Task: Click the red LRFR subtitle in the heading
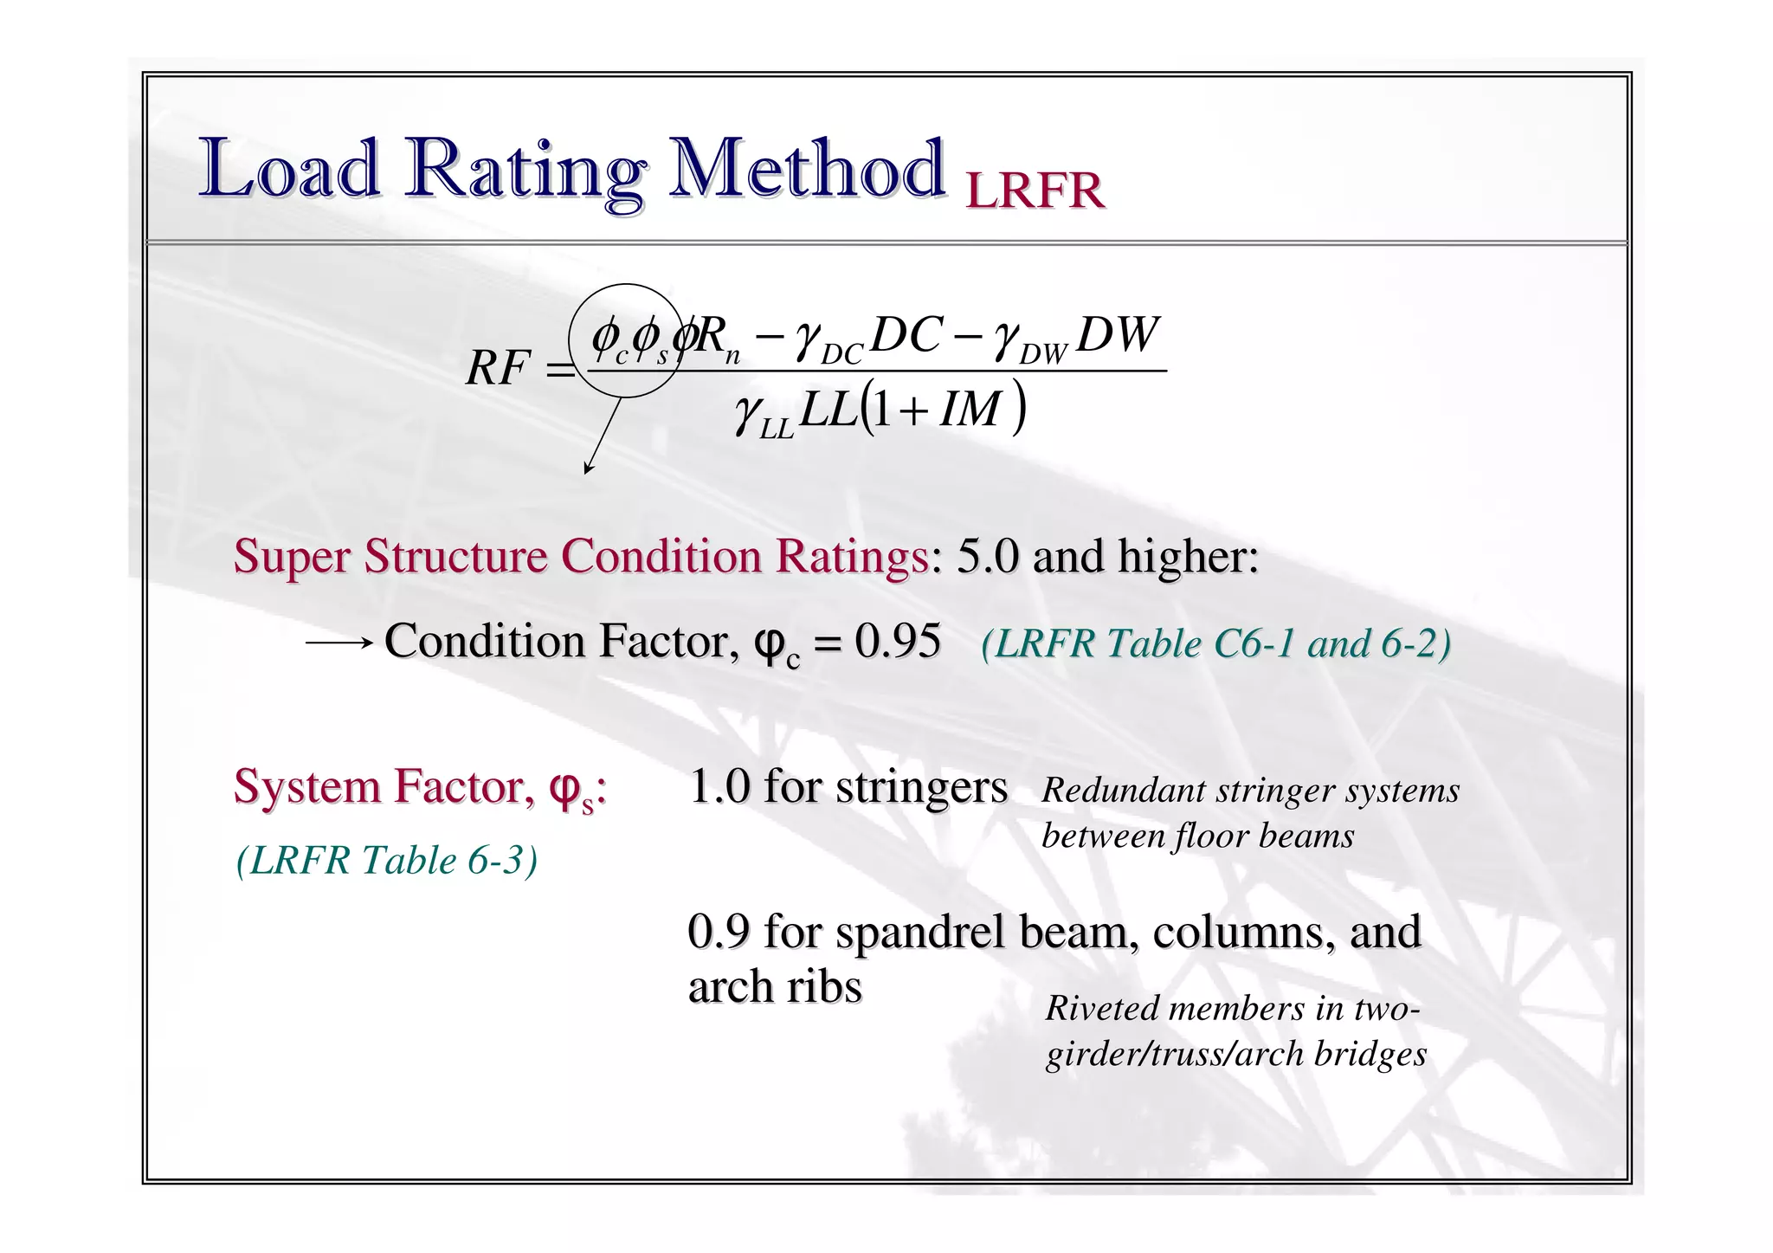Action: coord(1035,191)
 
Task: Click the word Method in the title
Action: coord(805,169)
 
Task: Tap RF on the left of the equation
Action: coord(497,368)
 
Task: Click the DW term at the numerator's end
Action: coord(1117,334)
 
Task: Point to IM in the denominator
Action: coord(970,410)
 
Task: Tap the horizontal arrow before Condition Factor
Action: coord(338,643)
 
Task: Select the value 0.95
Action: coord(898,642)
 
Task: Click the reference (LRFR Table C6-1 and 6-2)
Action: coord(1215,643)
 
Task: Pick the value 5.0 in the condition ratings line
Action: coord(987,556)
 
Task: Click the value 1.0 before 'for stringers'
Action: coord(719,787)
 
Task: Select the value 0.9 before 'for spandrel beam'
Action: coord(718,932)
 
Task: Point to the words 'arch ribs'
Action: coord(775,986)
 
